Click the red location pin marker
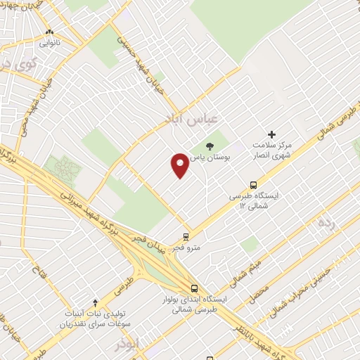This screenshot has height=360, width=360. (180, 165)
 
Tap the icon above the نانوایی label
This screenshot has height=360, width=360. (49, 32)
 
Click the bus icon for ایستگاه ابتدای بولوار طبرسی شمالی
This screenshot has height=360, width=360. (194, 288)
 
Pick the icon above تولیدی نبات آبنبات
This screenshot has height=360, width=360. (95, 302)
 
